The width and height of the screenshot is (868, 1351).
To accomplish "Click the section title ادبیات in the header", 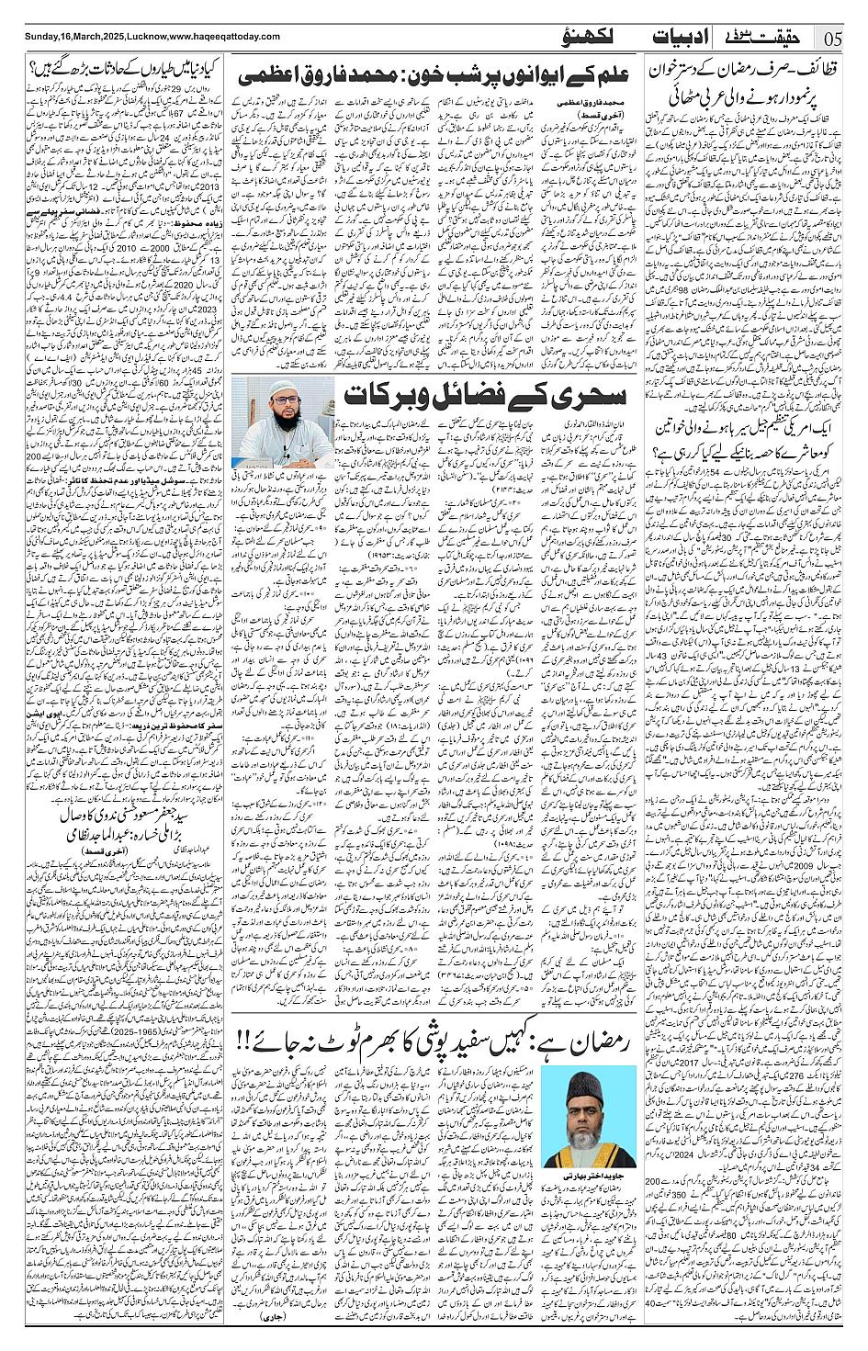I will click(682, 37).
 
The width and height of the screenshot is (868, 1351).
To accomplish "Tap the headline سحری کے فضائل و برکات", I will click(484, 396).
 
